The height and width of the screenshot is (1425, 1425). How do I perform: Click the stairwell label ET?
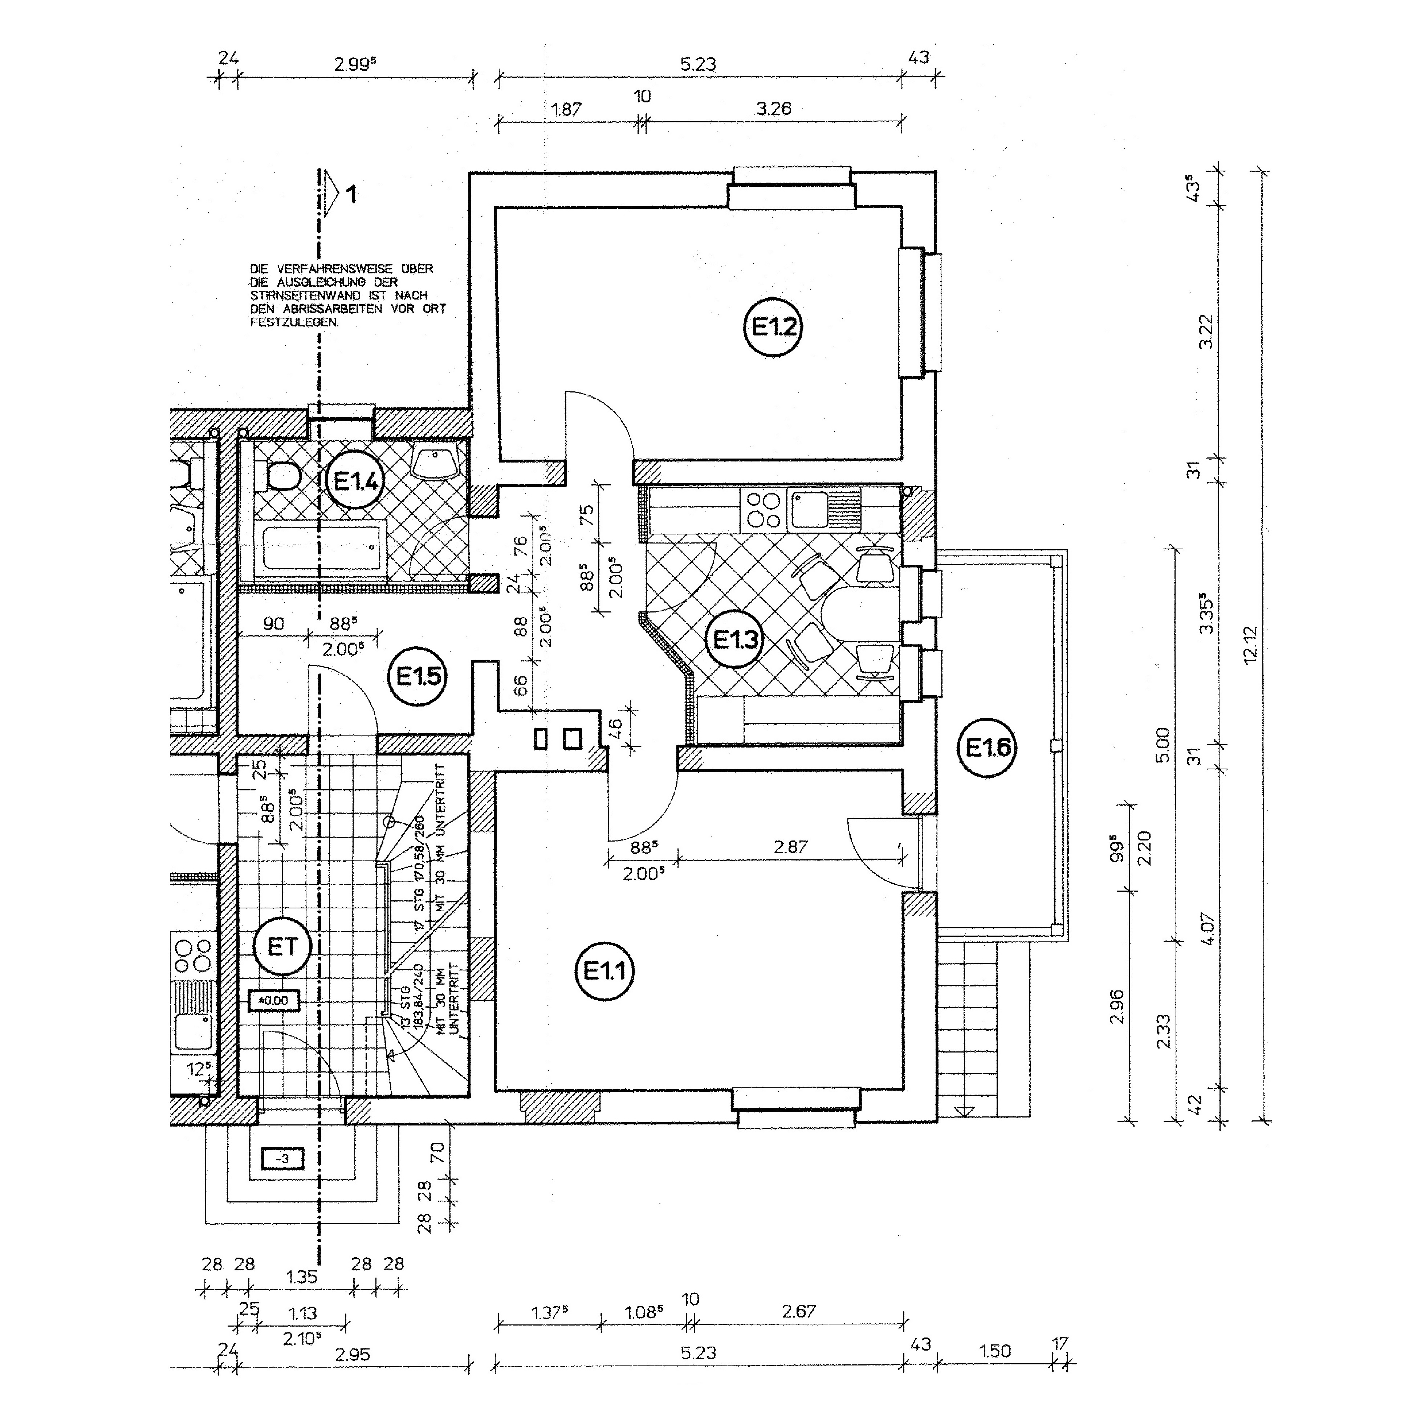click(282, 946)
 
